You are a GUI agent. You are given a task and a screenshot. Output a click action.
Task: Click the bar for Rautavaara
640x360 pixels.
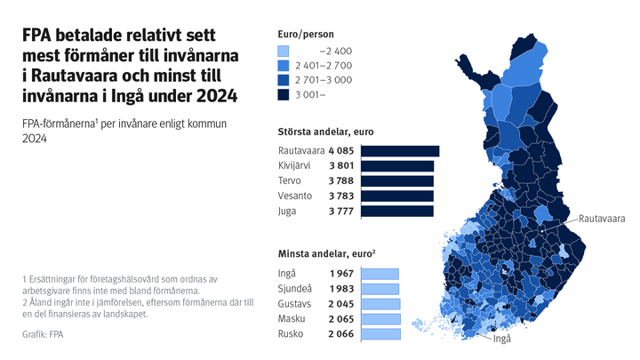point(400,151)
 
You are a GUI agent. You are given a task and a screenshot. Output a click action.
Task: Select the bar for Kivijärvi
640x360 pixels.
point(397,166)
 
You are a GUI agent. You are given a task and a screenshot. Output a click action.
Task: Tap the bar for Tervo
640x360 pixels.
point(397,181)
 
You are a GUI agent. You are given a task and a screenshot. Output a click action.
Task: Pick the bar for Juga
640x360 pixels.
point(397,212)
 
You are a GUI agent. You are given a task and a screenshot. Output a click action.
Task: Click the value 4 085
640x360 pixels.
point(343,151)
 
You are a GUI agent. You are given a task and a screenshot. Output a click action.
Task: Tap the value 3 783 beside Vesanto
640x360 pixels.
point(343,196)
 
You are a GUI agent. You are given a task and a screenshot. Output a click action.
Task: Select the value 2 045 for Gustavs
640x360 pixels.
point(343,304)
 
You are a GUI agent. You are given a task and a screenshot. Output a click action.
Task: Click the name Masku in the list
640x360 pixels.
point(293,319)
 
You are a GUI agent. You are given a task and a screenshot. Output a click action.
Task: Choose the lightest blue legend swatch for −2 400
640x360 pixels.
point(284,52)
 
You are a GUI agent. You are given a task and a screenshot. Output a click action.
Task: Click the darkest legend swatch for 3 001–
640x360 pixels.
point(284,94)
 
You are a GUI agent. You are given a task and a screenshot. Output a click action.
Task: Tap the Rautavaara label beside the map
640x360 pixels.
point(603,218)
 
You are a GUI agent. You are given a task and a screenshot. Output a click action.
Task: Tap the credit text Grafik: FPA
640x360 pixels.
point(43,335)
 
